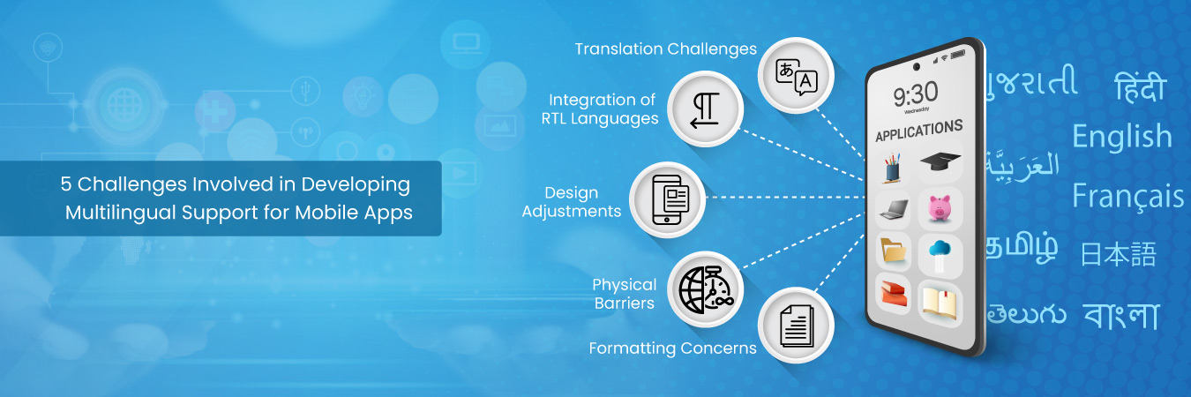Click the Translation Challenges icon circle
(x=796, y=76)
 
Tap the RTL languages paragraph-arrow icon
(x=706, y=109)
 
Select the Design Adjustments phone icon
(x=668, y=200)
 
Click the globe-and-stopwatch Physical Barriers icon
(x=706, y=289)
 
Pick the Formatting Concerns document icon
(x=796, y=326)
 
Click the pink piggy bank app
(x=940, y=207)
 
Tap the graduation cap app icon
(x=940, y=161)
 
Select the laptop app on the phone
(x=895, y=209)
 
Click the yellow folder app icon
(x=894, y=251)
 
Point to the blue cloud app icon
(x=940, y=253)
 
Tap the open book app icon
(x=940, y=303)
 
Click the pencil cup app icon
(x=893, y=168)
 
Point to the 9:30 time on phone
(x=916, y=94)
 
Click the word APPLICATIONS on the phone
(x=919, y=131)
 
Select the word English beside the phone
(x=1122, y=137)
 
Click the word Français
(x=1127, y=197)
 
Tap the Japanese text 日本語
(x=1119, y=254)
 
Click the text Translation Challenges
(x=666, y=49)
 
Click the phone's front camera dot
(x=916, y=66)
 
